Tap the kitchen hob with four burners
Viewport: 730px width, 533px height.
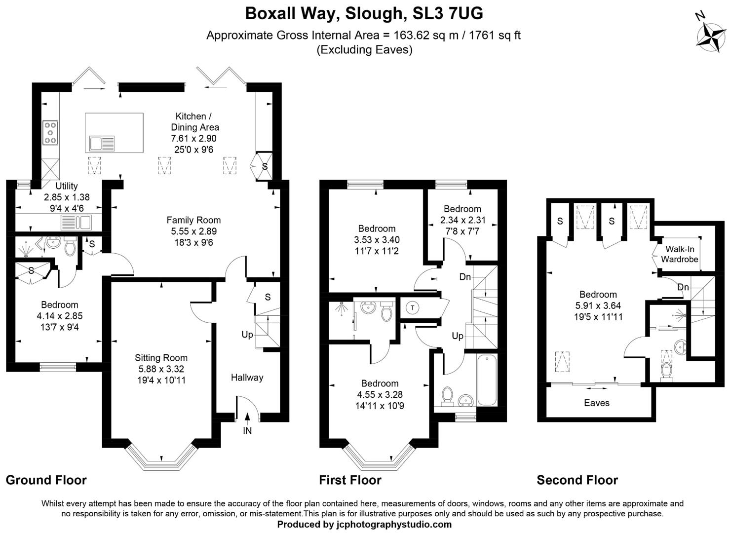pos(50,133)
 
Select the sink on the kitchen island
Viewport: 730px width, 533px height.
pos(102,144)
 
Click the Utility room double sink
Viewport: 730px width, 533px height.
pos(77,223)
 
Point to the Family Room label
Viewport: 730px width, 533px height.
pos(193,220)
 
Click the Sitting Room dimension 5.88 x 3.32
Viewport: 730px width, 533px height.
pos(161,369)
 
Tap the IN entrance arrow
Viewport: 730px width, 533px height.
pos(247,419)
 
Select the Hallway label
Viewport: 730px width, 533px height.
pos(247,378)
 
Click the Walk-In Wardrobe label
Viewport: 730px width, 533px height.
pos(680,254)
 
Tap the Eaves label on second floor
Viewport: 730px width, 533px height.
pos(596,403)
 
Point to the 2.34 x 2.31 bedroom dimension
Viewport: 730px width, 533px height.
pos(462,220)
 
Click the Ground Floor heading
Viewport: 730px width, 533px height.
pos(46,480)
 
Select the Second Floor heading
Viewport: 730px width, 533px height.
pos(577,480)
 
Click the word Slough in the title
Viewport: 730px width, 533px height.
pos(373,13)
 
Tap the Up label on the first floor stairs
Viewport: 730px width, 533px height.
pos(458,336)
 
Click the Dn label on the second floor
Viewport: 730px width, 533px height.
pos(683,287)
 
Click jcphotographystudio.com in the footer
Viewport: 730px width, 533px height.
pos(393,524)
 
